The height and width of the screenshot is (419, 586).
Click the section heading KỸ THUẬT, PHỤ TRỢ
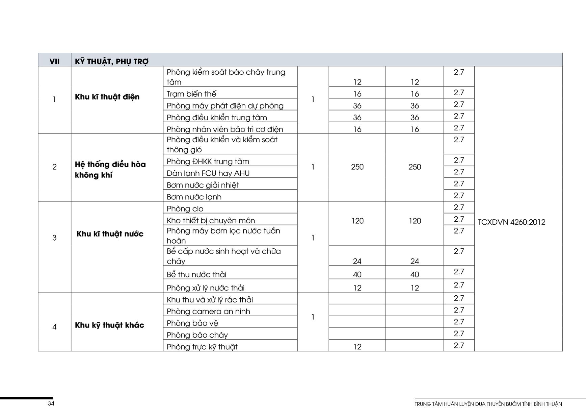111,61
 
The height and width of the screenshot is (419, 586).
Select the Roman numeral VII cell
54,61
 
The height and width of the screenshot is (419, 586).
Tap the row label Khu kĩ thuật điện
107,97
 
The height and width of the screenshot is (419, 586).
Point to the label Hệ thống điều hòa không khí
110,170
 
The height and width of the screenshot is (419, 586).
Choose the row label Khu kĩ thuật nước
110,234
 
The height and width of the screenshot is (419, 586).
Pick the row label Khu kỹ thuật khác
109,325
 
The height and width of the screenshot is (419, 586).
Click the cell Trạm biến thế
191,94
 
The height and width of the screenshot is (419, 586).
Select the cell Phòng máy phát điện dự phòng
225,106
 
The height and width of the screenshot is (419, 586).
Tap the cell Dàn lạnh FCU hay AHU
208,173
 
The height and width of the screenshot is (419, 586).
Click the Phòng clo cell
185,208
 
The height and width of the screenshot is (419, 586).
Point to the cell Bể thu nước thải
196,274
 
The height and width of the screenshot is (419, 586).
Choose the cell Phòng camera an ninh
208,311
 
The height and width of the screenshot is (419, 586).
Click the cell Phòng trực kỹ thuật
202,347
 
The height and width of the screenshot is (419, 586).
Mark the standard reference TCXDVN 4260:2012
511,222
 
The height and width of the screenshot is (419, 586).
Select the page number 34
51,403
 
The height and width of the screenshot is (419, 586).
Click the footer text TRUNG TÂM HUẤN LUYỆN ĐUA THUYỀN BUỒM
488,404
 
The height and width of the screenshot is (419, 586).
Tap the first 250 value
357,167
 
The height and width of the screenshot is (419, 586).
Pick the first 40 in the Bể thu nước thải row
357,274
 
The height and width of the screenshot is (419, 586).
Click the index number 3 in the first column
54,238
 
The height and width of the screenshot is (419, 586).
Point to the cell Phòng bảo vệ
192,323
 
